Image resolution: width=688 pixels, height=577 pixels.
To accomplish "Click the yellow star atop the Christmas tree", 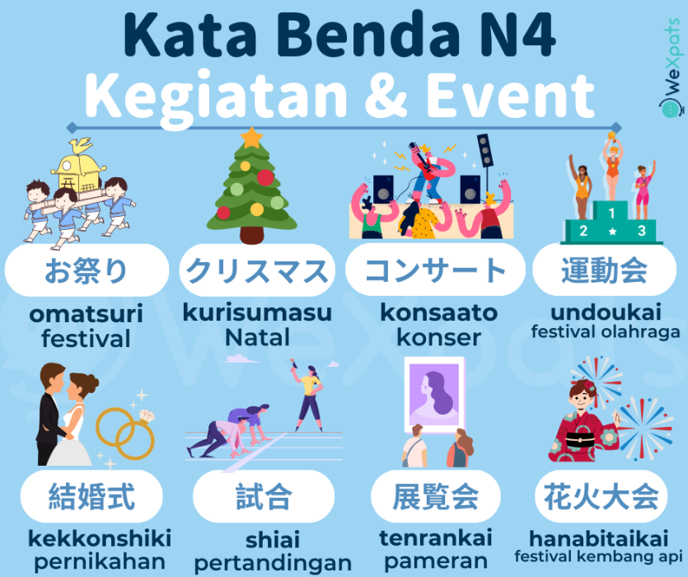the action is tap(251, 138).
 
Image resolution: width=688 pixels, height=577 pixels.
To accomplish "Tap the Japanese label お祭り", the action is tap(86, 270).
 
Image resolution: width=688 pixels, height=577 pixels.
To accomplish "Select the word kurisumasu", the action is tap(257, 312).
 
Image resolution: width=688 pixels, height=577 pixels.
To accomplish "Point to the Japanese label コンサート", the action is tap(435, 270).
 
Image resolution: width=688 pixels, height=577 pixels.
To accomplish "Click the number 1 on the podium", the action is tap(611, 213).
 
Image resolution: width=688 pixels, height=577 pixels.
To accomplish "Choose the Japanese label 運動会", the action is tap(604, 270).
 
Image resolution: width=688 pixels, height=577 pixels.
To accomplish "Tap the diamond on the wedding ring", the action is tap(146, 415).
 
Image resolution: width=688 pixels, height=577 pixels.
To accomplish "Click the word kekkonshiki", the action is tap(100, 538).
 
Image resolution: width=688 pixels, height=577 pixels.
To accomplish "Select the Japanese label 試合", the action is tap(264, 496).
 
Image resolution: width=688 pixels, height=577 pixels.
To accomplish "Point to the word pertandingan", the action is tap(273, 563).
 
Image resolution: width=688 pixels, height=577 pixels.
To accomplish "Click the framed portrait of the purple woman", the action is tap(434, 395).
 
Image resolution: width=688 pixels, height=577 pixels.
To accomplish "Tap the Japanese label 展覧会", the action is tap(435, 496).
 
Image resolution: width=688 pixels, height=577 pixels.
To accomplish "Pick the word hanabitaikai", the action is tap(599, 538).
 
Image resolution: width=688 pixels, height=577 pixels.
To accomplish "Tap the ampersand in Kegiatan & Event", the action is tap(386, 96).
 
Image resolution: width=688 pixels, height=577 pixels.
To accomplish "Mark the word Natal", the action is tap(257, 337).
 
